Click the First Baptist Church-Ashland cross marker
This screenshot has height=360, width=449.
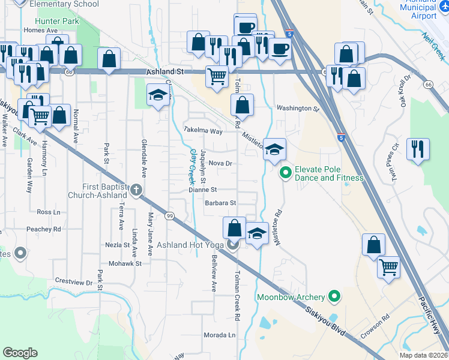pos(136,191)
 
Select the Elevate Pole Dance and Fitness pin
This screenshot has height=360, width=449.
pos(286,173)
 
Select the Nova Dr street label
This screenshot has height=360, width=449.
pos(220,163)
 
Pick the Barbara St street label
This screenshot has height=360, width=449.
pos(220,203)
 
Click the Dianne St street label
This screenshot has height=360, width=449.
pos(202,190)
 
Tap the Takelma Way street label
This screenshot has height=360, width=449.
pos(203,130)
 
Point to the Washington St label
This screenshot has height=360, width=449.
pos(297,109)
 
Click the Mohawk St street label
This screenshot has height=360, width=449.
pos(125,263)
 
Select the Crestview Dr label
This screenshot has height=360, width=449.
pos(73,281)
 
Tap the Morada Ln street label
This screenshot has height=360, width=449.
pos(219,335)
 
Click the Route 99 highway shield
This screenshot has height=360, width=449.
pos(171,216)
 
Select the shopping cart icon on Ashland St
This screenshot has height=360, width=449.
pos(217,76)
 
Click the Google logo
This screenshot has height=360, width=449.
pos(20,353)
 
